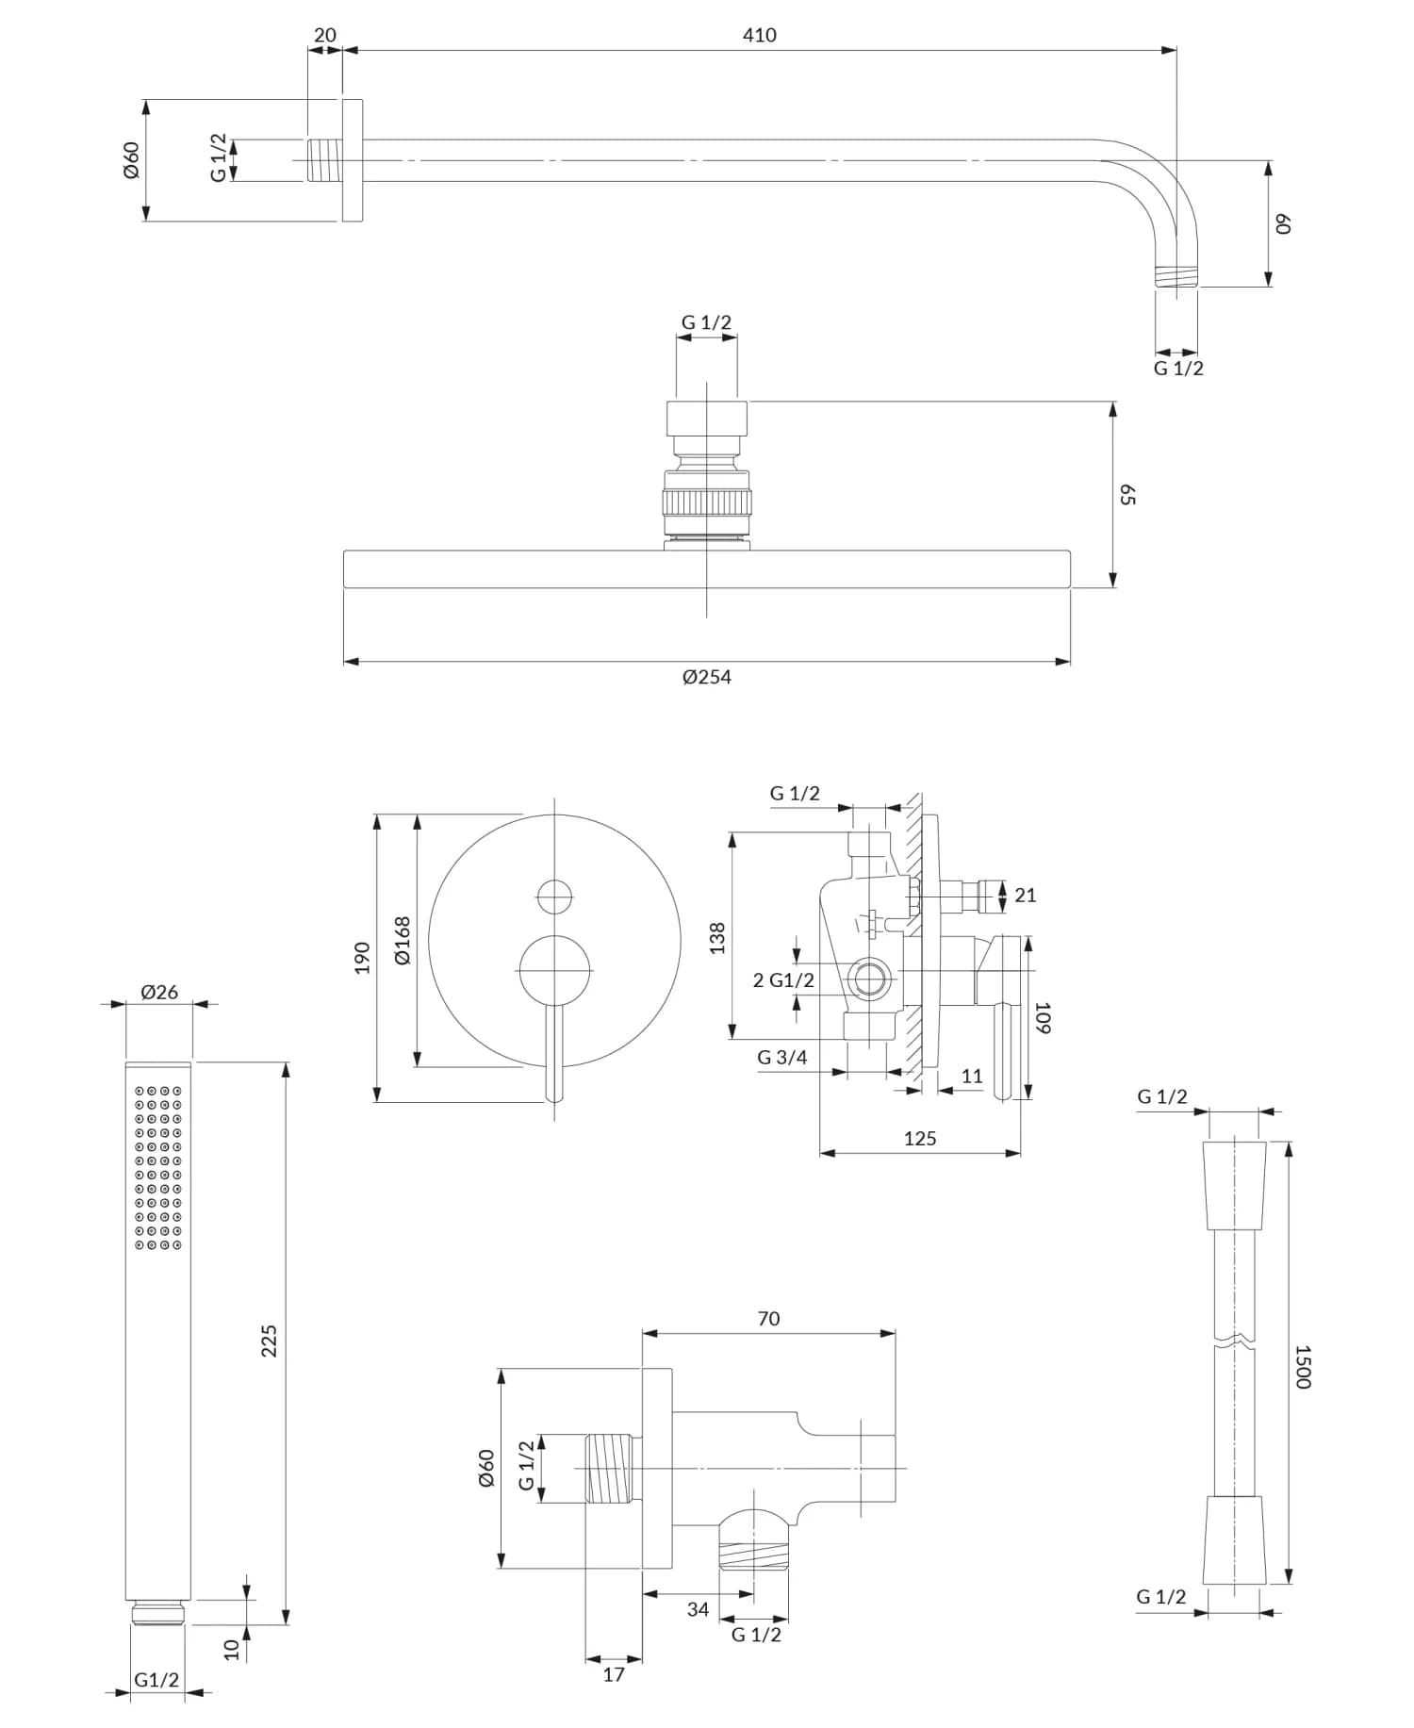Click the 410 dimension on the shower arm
coord(759,36)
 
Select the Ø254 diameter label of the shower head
coord(707,677)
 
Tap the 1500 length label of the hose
coord(1302,1366)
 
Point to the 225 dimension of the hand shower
coord(270,1340)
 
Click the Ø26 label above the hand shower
coord(159,992)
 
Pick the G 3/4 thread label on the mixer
coord(782,1058)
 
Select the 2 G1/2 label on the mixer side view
coord(783,980)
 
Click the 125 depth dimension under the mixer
coord(920,1139)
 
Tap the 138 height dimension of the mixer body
coord(717,938)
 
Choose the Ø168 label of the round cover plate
coord(403,940)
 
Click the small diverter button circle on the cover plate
coord(554,896)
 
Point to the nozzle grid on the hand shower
coord(158,1169)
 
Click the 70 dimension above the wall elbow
coord(768,1319)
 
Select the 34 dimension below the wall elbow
coord(698,1609)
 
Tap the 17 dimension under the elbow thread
coord(614,1674)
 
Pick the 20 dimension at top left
coord(324,36)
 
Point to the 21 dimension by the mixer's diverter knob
coord(1026,896)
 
